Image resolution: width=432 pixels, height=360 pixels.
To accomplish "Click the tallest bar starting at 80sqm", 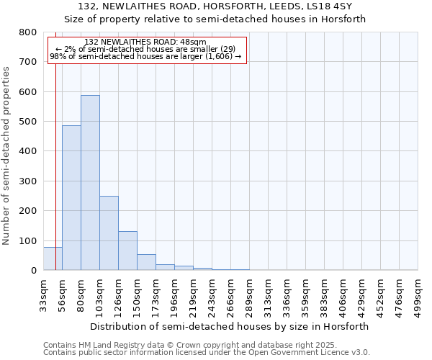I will (x=90, y=183).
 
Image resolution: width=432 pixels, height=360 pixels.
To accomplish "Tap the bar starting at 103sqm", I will (x=109, y=233).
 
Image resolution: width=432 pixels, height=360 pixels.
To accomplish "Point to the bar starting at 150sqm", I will (x=146, y=262).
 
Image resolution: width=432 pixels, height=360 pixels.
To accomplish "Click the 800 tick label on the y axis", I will (x=27, y=32).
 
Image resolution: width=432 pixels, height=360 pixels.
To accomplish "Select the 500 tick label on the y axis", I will (x=27, y=122).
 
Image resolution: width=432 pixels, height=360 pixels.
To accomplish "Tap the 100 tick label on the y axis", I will (x=27, y=240).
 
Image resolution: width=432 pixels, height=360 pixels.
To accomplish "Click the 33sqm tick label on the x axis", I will (x=44, y=293).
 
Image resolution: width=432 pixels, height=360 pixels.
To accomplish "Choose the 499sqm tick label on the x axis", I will (x=418, y=294).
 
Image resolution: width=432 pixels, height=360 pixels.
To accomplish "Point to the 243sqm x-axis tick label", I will (x=212, y=294).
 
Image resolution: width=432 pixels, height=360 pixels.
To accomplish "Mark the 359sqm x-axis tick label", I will (x=306, y=294).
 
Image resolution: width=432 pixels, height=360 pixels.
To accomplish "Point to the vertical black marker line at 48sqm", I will (x=55, y=166).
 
